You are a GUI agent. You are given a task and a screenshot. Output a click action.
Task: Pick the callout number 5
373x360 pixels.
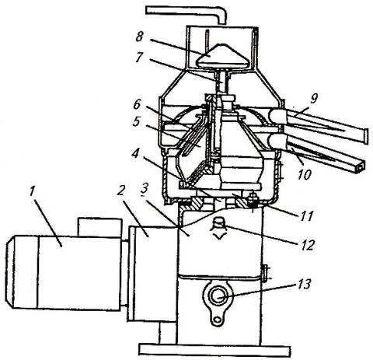pyautogui.click(x=136, y=121)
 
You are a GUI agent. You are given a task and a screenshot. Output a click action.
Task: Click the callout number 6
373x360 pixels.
pyautogui.click(x=137, y=104)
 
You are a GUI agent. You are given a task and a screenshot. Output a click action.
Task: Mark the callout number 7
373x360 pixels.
pyautogui.click(x=139, y=58)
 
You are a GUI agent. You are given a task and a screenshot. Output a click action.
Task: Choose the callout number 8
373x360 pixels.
pyautogui.click(x=139, y=37)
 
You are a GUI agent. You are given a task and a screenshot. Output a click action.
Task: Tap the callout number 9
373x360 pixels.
pyautogui.click(x=314, y=98)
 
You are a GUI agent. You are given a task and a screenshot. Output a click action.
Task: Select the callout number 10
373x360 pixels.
pyautogui.click(x=304, y=174)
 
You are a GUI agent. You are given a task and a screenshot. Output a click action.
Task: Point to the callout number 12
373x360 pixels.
pyautogui.click(x=308, y=244)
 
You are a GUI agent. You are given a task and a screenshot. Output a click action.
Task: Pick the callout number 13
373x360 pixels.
pyautogui.click(x=303, y=284)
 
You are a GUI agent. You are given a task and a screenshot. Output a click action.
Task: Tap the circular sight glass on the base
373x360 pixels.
pyautogui.click(x=218, y=295)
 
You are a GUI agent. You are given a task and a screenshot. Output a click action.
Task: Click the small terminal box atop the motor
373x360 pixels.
pyautogui.click(x=99, y=227)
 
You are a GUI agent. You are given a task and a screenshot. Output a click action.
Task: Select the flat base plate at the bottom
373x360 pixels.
pyautogui.click(x=212, y=351)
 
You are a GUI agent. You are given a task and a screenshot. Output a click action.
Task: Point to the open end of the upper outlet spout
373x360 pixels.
pyautogui.click(x=365, y=136)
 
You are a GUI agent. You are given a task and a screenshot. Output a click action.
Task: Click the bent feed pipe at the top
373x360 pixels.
pyautogui.click(x=186, y=11)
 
